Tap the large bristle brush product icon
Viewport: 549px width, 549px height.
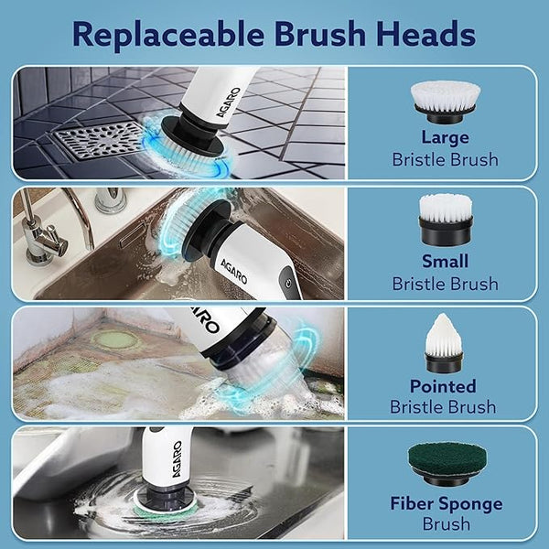pos(445,101)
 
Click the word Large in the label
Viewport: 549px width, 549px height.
pos(445,138)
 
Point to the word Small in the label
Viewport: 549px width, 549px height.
pos(445,261)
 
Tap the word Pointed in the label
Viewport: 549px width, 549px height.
pos(445,385)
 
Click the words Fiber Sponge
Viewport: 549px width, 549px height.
pos(445,503)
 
